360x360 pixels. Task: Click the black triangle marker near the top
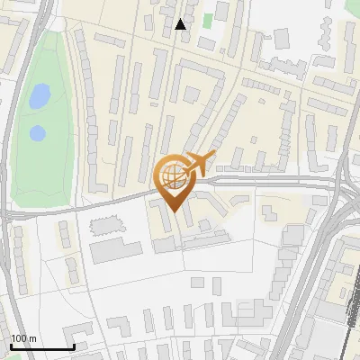[181, 24]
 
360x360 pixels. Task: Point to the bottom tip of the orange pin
[173, 211]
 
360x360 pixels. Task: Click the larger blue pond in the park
[40, 96]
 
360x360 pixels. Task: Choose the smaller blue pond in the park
[37, 133]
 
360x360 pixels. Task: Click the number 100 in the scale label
[18, 338]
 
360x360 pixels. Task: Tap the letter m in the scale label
[31, 338]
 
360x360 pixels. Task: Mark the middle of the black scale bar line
[41, 346]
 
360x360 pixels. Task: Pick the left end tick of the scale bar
[10, 345]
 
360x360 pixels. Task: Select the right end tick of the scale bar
[74, 345]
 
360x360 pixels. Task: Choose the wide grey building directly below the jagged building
[114, 249]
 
